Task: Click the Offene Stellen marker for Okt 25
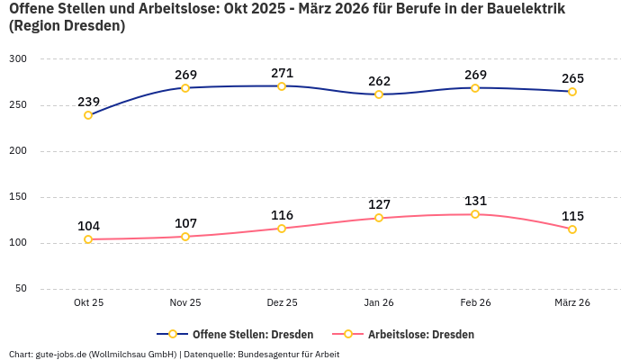(88, 115)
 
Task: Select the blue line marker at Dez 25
(282, 86)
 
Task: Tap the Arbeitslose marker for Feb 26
(475, 214)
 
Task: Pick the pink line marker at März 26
(572, 229)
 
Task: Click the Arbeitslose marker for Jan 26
(379, 218)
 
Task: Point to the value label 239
(88, 102)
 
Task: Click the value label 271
(282, 73)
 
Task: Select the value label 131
(475, 201)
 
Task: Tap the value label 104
(88, 226)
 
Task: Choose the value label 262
(379, 81)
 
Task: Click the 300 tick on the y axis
(18, 58)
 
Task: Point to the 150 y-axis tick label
(18, 197)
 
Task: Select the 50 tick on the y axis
(21, 289)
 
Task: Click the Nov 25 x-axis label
(185, 303)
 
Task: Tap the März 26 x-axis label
(572, 303)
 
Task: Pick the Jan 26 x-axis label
(379, 303)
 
